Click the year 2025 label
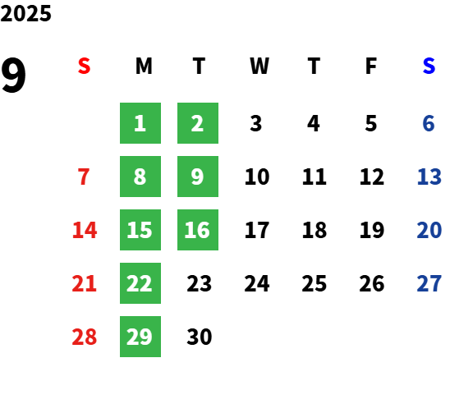point(25,13)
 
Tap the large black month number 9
point(13,76)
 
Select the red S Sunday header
point(84,66)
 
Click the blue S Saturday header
point(429,66)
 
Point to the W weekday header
point(259,66)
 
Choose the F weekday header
point(371,66)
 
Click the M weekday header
point(144,66)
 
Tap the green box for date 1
point(140,123)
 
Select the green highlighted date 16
point(198,230)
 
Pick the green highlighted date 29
point(140,337)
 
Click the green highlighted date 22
point(140,283)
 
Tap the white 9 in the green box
point(197,177)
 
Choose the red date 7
point(84,177)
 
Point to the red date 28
point(85,337)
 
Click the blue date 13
point(429,177)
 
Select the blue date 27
point(429,283)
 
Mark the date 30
point(200,337)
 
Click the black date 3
point(256,123)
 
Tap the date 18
point(315,230)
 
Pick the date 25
point(315,283)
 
